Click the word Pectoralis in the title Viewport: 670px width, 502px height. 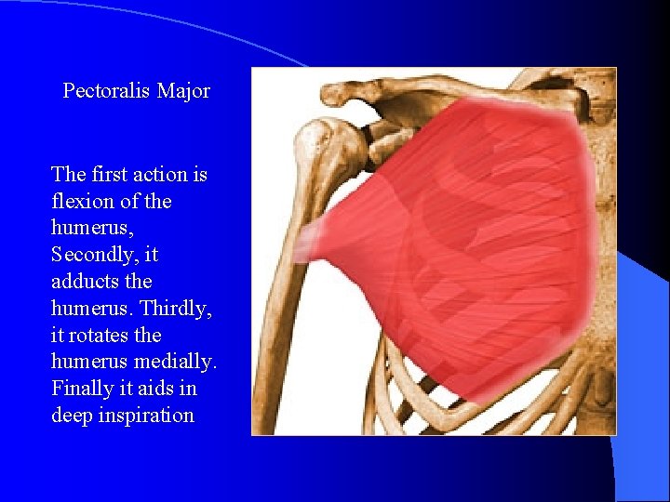(107, 91)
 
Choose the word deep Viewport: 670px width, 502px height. (72, 415)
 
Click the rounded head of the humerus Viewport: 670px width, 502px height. (326, 149)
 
